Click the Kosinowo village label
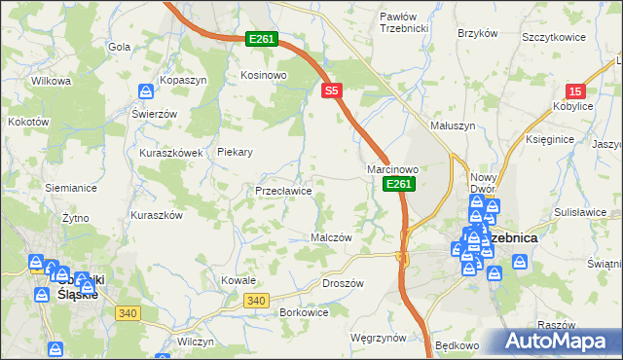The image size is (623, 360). click(x=262, y=75)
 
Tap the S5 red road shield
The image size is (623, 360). click(x=332, y=90)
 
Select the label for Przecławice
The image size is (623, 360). click(x=283, y=192)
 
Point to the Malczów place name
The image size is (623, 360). click(x=330, y=236)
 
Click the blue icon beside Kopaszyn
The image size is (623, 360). click(x=145, y=91)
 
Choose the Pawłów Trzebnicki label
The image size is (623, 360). click(x=404, y=22)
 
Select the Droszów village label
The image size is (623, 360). click(x=342, y=283)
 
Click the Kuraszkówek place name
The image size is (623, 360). click(x=170, y=153)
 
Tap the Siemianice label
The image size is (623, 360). click(x=69, y=186)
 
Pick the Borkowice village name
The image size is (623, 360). click(x=304, y=312)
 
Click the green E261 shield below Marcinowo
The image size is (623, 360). click(x=399, y=184)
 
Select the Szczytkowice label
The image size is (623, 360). click(x=553, y=37)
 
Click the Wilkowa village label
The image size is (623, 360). click(x=52, y=81)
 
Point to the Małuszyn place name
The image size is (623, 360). click(x=453, y=126)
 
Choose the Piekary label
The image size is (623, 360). click(x=236, y=152)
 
